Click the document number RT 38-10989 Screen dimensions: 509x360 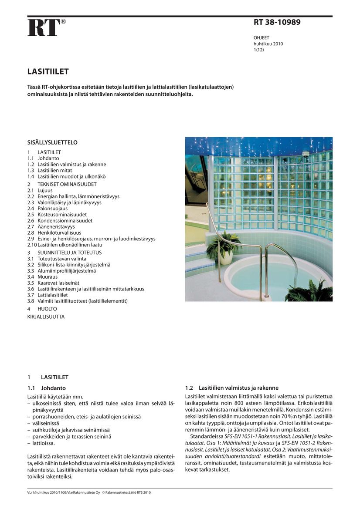click(x=277, y=22)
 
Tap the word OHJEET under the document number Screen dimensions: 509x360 click(x=262, y=38)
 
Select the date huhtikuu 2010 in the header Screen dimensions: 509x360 click(x=268, y=44)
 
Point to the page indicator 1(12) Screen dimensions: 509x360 click(x=259, y=50)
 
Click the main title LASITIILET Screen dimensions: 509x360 click(x=48, y=71)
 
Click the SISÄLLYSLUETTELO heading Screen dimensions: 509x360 click(x=52, y=142)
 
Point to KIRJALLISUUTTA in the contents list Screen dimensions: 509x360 click(x=46, y=317)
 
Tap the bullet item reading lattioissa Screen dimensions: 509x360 click(x=44, y=443)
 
